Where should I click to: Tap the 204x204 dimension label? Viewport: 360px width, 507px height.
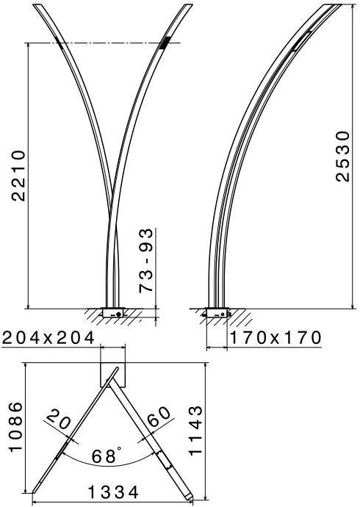[x=48, y=338]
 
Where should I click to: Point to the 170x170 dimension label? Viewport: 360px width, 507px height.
[x=276, y=338]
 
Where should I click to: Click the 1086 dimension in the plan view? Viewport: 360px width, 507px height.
[x=15, y=428]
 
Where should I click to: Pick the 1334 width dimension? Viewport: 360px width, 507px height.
[x=113, y=492]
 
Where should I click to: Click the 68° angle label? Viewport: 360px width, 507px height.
[x=107, y=456]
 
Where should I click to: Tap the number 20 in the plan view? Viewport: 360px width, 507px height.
[x=57, y=421]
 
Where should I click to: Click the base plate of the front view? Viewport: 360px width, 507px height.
[x=114, y=312]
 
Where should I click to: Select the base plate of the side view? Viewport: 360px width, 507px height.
[x=217, y=312]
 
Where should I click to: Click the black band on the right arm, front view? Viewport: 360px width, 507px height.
[x=163, y=43]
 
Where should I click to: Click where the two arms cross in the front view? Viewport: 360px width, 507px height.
[x=112, y=220]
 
